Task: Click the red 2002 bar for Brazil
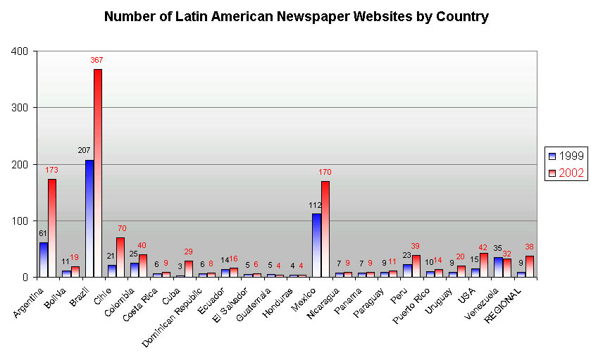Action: (x=97, y=173)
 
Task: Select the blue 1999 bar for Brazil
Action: (x=89, y=218)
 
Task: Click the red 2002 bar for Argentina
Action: (x=52, y=228)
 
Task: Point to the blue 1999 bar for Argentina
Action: (x=44, y=259)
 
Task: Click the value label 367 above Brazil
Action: (x=97, y=61)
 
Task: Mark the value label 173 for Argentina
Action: (x=51, y=170)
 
